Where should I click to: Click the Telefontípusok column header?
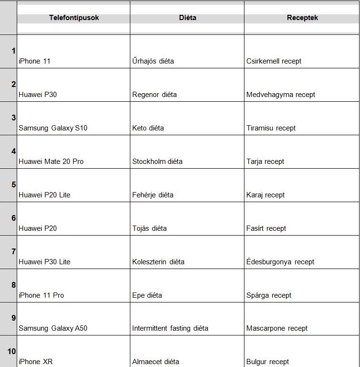[x=74, y=18]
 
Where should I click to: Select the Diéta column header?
[x=187, y=18]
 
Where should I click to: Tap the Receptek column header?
[x=302, y=18]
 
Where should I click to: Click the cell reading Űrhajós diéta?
[x=153, y=61]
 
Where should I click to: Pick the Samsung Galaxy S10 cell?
[x=53, y=128]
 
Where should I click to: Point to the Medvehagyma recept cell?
[x=281, y=95]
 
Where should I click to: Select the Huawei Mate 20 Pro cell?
[x=51, y=162]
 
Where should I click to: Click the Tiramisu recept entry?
[x=271, y=128]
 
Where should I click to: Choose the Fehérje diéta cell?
[x=153, y=195]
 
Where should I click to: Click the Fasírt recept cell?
[x=266, y=228]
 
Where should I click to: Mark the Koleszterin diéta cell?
[x=158, y=262]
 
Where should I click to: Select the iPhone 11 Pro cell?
[x=41, y=295]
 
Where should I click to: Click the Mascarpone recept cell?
[x=277, y=328]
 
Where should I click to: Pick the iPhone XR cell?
[x=35, y=362]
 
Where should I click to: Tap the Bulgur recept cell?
[x=267, y=362]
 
